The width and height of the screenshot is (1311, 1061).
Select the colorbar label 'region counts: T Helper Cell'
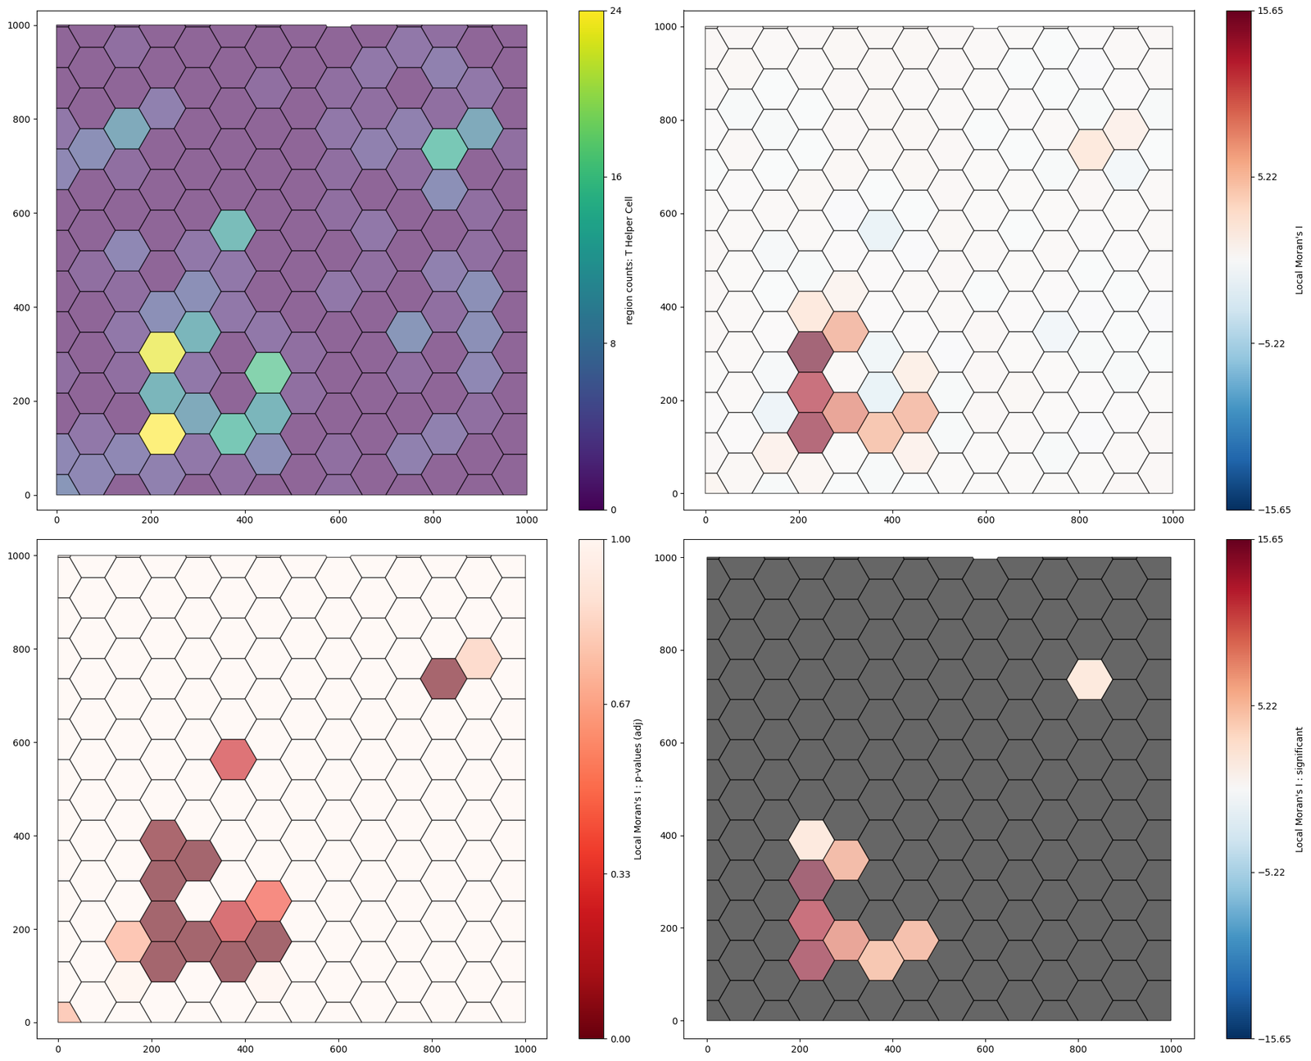(x=629, y=261)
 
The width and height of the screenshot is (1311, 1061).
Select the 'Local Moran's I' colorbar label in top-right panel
(x=1300, y=261)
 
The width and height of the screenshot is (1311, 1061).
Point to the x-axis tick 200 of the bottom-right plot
(x=800, y=1050)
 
